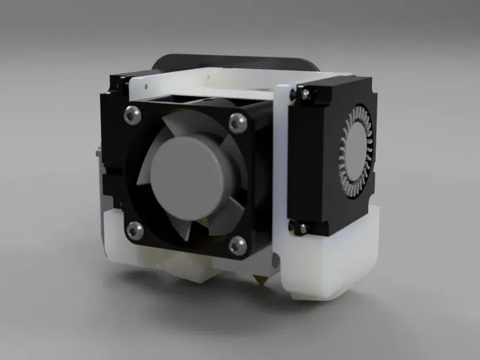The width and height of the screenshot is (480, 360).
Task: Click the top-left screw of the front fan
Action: pyautogui.click(x=131, y=115)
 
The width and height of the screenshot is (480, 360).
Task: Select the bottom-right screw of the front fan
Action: pyautogui.click(x=237, y=245)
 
